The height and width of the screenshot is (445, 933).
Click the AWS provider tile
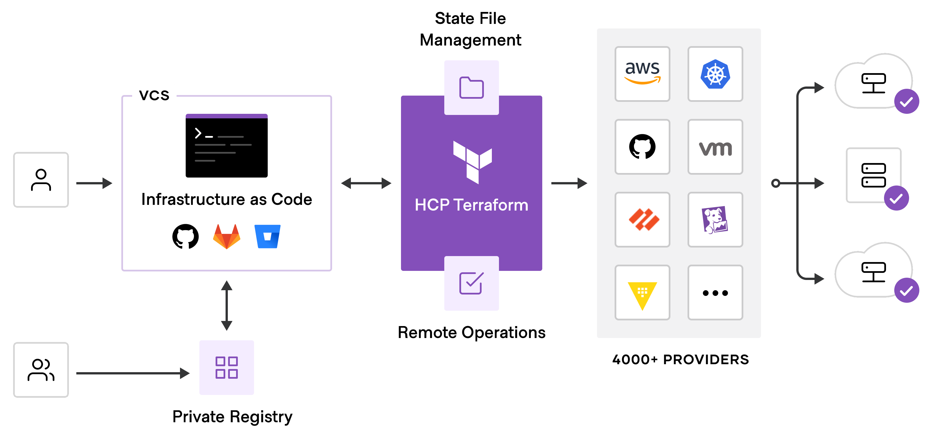(x=642, y=74)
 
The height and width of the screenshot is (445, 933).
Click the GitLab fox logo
(x=226, y=237)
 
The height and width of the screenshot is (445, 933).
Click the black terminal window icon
(x=226, y=146)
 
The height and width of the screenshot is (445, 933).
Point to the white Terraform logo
(x=472, y=162)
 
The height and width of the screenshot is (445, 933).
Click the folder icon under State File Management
(x=471, y=88)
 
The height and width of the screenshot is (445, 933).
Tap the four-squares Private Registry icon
(x=226, y=367)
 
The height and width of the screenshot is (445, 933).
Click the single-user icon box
(x=41, y=180)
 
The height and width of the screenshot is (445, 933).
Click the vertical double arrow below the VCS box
(x=226, y=306)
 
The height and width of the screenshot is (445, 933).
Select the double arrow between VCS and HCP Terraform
(x=366, y=183)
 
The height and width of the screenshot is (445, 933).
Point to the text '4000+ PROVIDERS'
(x=680, y=359)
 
